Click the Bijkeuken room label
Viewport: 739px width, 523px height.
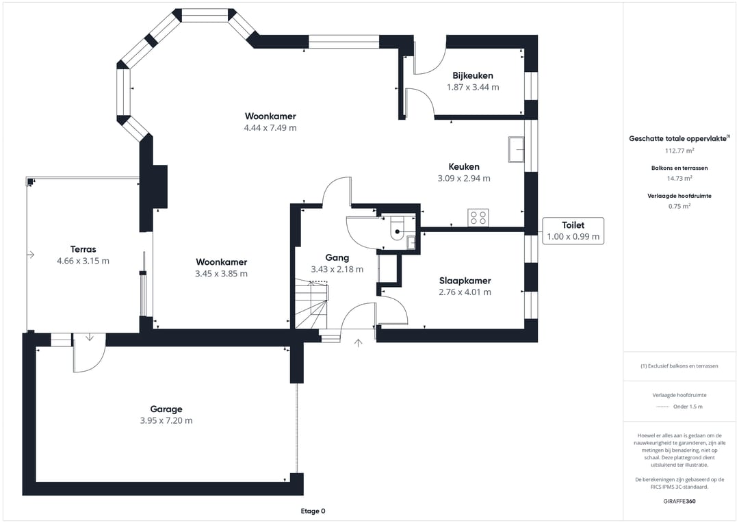point(472,75)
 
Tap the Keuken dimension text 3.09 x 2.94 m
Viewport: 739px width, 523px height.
point(463,179)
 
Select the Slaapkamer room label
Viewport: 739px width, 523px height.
point(465,281)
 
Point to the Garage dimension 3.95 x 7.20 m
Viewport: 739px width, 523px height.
point(166,421)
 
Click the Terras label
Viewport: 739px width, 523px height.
point(83,249)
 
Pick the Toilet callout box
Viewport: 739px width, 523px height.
point(573,231)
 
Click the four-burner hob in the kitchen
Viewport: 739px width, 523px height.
point(478,218)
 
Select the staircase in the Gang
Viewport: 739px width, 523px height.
point(311,305)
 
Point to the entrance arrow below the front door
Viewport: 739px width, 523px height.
point(358,342)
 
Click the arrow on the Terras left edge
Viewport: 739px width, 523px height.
point(31,255)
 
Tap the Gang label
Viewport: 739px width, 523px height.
point(337,258)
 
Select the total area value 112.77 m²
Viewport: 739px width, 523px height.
point(679,151)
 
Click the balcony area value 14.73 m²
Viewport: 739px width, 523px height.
point(679,178)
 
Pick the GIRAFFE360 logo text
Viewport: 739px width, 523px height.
point(679,501)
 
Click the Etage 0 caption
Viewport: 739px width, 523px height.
point(313,511)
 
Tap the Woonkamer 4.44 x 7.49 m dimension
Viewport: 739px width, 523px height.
point(270,128)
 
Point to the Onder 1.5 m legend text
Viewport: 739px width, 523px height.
point(688,407)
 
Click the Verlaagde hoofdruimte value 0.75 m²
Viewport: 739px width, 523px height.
point(679,206)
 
